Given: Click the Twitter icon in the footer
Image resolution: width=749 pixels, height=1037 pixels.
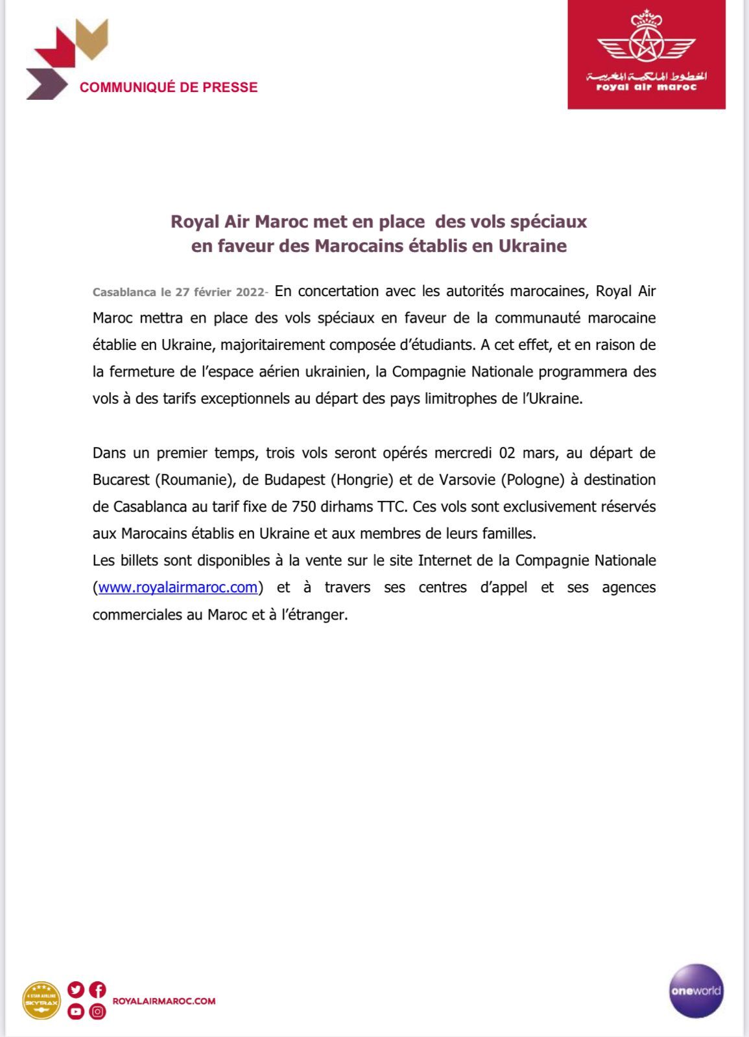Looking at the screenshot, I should (76, 990).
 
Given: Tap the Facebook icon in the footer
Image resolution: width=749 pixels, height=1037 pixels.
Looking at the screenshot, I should (98, 990).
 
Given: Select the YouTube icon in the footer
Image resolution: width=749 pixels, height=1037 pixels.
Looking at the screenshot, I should (76, 1011).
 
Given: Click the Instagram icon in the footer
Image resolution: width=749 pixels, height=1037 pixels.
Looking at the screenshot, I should (98, 1011).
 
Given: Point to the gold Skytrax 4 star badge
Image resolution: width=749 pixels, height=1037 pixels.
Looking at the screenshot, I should (42, 1001).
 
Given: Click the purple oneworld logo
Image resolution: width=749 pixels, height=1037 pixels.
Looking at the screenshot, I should (696, 990).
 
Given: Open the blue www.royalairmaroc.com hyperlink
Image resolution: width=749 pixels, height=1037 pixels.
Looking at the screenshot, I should (178, 588).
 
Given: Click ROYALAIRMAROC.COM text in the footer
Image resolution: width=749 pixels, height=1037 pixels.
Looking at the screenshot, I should (164, 1001).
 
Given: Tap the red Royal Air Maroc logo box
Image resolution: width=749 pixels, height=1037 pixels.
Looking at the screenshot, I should (646, 54).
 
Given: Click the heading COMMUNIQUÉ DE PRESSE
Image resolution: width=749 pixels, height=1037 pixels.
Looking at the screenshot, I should (169, 87).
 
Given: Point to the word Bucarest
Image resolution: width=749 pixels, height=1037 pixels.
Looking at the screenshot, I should (120, 480).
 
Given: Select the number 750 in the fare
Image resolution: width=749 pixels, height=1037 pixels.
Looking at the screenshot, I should (303, 507).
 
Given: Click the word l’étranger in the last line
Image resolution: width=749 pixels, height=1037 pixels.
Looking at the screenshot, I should (317, 615).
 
